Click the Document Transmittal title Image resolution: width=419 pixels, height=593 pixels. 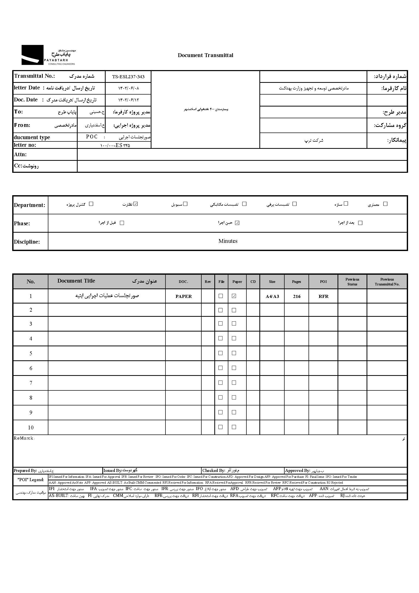[205, 55]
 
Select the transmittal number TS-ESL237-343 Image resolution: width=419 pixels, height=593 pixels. [128, 77]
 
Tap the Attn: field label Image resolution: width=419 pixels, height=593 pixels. [20, 154]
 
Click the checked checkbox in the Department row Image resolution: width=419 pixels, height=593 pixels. [136, 204]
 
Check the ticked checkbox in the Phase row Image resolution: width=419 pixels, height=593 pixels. [237, 223]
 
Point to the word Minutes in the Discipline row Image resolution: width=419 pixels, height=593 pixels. [228, 241]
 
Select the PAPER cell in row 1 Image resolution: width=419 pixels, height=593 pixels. [184, 296]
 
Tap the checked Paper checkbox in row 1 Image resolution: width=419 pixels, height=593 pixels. [234, 296]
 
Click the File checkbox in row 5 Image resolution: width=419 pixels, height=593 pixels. [221, 353]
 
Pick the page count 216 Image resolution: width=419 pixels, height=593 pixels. [297, 296]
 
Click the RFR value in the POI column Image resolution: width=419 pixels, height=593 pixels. [323, 296]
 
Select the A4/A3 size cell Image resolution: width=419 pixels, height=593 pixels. [272, 296]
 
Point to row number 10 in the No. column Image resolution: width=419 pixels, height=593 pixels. [31, 427]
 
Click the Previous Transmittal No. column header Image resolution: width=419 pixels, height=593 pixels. [387, 282]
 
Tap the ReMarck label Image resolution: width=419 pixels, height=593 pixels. [24, 438]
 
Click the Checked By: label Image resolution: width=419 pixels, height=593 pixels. [214, 471]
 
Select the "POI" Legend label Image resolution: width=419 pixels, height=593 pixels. [31, 480]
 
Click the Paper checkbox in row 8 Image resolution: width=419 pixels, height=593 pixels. [234, 398]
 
